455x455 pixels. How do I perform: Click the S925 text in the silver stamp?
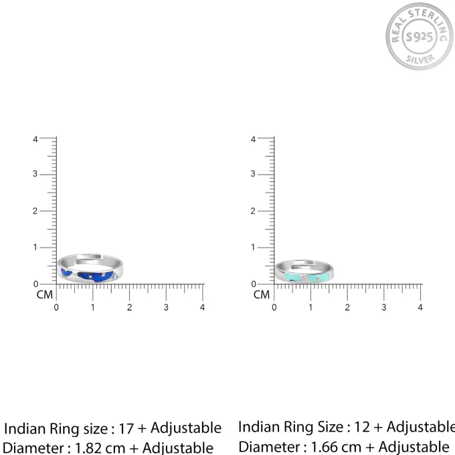click(420, 37)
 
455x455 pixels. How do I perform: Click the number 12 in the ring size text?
click(361, 427)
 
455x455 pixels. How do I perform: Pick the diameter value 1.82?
click(92, 448)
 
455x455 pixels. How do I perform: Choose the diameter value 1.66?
click(327, 447)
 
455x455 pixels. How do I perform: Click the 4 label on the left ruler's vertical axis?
click(35, 140)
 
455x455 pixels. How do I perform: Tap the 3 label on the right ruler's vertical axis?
click(253, 174)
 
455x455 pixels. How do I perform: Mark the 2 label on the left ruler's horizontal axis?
click(129, 307)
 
